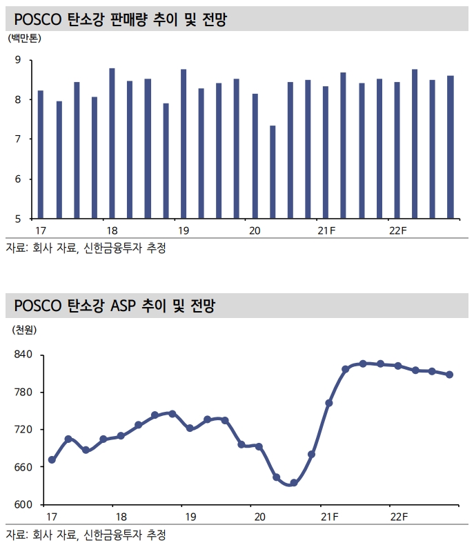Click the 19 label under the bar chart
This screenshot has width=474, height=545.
point(183,230)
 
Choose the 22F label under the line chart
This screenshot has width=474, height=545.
point(398,516)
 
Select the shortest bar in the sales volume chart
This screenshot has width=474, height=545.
point(273,172)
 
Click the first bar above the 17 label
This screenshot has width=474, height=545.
point(41,155)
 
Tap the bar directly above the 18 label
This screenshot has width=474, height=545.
point(112,143)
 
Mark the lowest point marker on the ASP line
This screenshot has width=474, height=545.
point(293,483)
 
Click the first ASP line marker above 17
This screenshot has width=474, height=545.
point(52,460)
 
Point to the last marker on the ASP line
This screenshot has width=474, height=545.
point(449,375)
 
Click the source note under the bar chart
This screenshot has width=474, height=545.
point(86,248)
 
